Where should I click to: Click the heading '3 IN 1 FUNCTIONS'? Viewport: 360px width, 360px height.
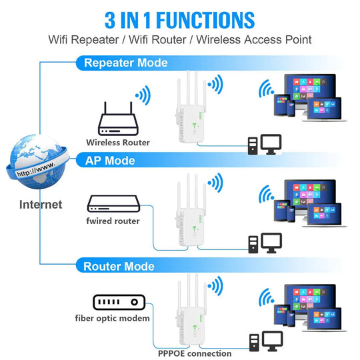[180, 19]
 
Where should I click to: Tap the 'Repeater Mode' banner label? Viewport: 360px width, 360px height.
[125, 63]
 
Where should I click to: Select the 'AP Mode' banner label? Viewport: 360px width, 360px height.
[110, 161]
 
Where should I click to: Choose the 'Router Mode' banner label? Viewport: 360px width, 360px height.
[119, 267]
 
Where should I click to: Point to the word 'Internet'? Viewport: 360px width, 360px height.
[41, 205]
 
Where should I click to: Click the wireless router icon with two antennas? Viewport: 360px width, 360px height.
[117, 120]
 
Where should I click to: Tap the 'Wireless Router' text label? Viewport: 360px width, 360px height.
[118, 142]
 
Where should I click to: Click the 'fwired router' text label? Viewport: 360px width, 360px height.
[113, 221]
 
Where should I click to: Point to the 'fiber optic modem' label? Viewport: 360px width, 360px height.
[112, 319]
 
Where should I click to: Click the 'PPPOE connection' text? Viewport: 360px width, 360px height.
[194, 353]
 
